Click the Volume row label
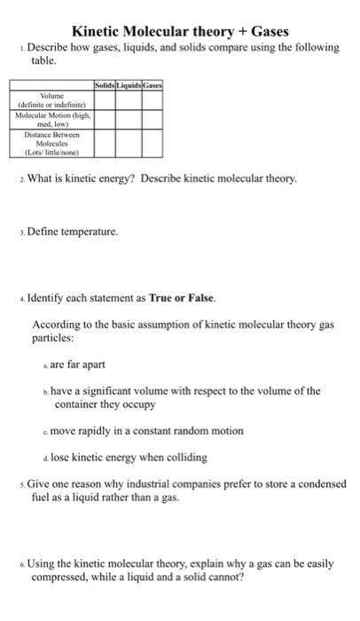pos(51,98)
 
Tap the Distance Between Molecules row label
pos(51,142)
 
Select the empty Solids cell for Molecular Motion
pos(104,120)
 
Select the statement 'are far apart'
pos(82,363)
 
